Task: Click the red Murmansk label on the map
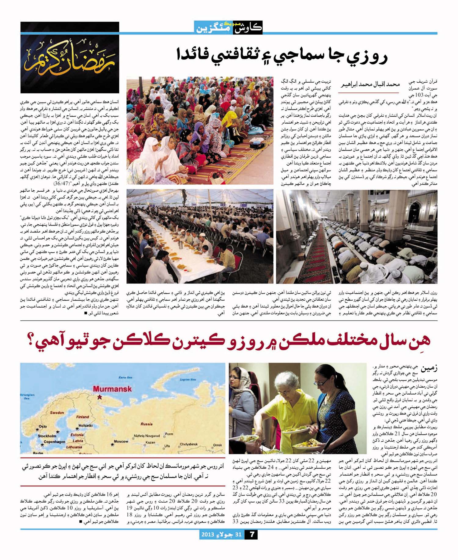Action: (x=112, y=388)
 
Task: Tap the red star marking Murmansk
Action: (x=99, y=397)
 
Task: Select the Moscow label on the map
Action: (x=121, y=441)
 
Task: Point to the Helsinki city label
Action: (x=85, y=425)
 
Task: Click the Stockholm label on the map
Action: (x=47, y=436)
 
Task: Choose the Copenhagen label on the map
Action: (x=54, y=442)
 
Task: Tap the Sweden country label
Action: (x=57, y=413)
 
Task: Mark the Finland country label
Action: (x=82, y=417)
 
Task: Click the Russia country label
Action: (x=147, y=424)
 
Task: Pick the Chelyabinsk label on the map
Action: (x=188, y=444)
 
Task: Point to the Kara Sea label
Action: (x=125, y=378)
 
